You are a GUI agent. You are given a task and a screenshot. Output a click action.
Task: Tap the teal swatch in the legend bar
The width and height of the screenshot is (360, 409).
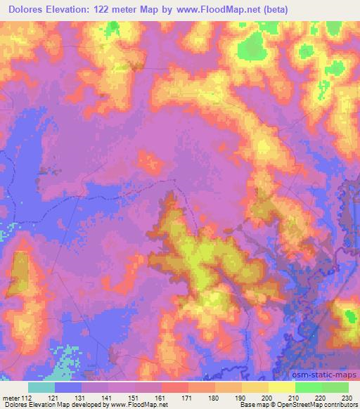pos(42,387)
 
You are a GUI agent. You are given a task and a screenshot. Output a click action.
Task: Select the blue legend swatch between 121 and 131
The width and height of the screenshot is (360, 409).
pos(69,387)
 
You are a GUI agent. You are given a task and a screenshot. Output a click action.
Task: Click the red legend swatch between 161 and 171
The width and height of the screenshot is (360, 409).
pos(175,387)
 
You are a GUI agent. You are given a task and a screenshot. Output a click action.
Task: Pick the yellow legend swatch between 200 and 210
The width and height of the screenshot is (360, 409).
pos(281,387)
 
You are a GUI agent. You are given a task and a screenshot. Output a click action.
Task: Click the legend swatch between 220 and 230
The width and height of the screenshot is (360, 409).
pos(335,387)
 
